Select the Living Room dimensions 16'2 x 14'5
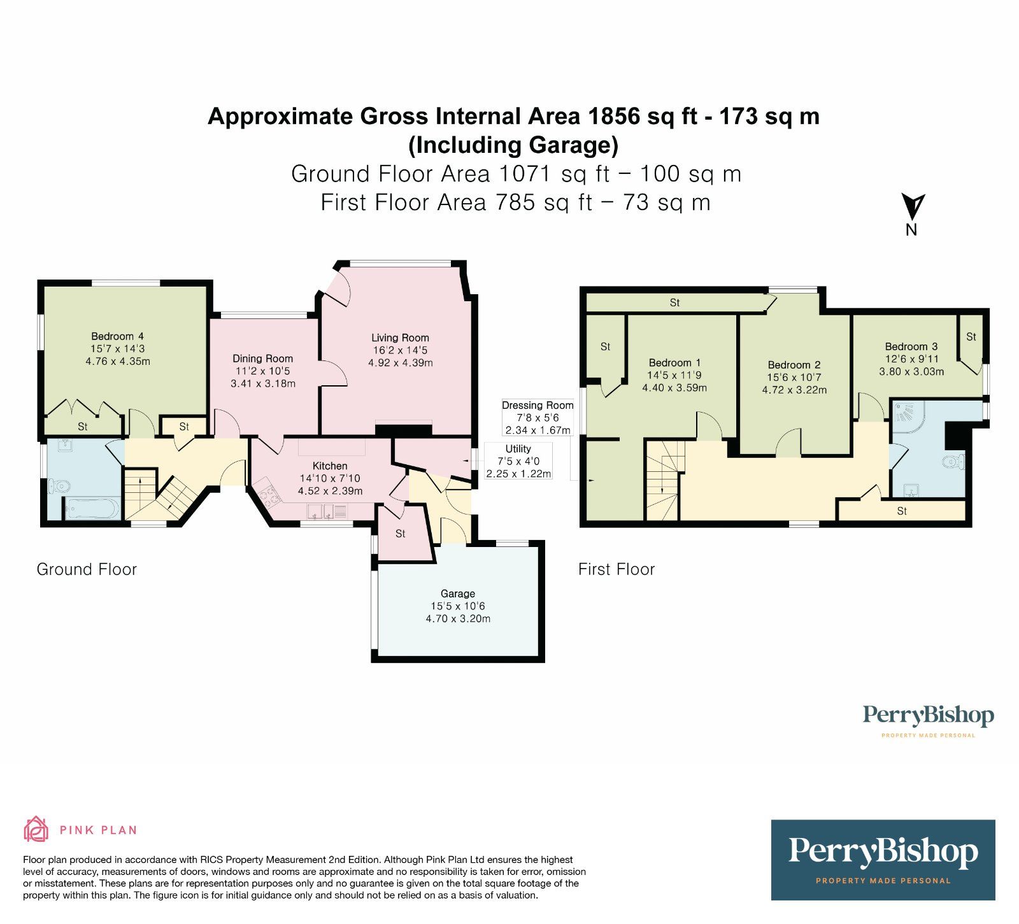click(x=400, y=350)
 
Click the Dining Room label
click(x=262, y=359)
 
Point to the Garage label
click(x=457, y=593)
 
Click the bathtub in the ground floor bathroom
click(x=91, y=509)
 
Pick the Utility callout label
click(x=518, y=449)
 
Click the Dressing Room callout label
click(x=538, y=405)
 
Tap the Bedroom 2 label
click(x=794, y=365)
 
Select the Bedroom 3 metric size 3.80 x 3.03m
click(x=911, y=371)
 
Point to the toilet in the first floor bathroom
click(x=953, y=462)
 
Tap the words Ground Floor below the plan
click(x=87, y=569)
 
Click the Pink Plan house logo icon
click(x=36, y=829)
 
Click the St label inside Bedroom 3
click(x=971, y=337)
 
